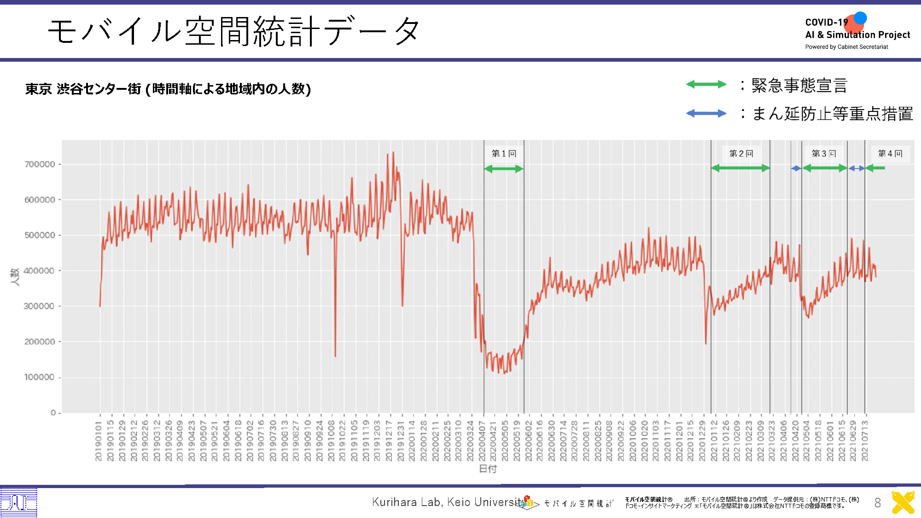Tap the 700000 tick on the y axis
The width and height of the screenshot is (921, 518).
pos(40,164)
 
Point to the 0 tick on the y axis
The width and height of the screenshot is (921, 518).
pos(53,413)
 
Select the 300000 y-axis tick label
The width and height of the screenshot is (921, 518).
pos(40,306)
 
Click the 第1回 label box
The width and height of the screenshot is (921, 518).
pos(504,154)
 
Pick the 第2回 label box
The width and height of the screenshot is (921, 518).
pos(741,154)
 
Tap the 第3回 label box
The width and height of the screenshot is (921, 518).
pos(824,154)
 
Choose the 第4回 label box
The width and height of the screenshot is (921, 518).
pos(890,154)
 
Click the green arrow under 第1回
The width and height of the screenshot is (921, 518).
pos(504,169)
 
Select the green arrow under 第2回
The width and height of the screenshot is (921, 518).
pos(740,168)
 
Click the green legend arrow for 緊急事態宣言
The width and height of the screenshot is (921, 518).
pos(706,84)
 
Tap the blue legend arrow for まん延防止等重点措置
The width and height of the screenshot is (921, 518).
pos(706,113)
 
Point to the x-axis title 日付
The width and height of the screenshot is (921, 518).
pos(488,469)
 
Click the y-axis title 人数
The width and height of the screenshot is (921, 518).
pos(15,277)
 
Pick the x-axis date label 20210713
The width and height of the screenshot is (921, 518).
pos(865,440)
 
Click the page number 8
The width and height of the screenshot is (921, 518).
pos(878,503)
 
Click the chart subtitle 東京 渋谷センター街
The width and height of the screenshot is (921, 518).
pos(83,89)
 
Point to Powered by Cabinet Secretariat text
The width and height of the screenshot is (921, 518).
pos(846,47)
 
